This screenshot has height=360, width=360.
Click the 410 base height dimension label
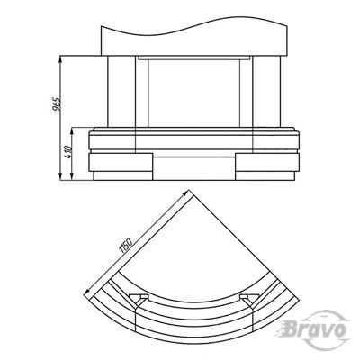coord(68,152)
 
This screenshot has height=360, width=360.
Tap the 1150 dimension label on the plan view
coord(126,245)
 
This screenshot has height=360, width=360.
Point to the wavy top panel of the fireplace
coord(194,37)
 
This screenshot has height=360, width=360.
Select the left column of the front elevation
coord(121,92)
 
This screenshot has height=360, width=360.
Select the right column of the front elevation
coord(266,92)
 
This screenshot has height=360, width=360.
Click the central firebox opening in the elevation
coord(194,93)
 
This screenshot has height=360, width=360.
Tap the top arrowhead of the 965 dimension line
coord(60,59)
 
